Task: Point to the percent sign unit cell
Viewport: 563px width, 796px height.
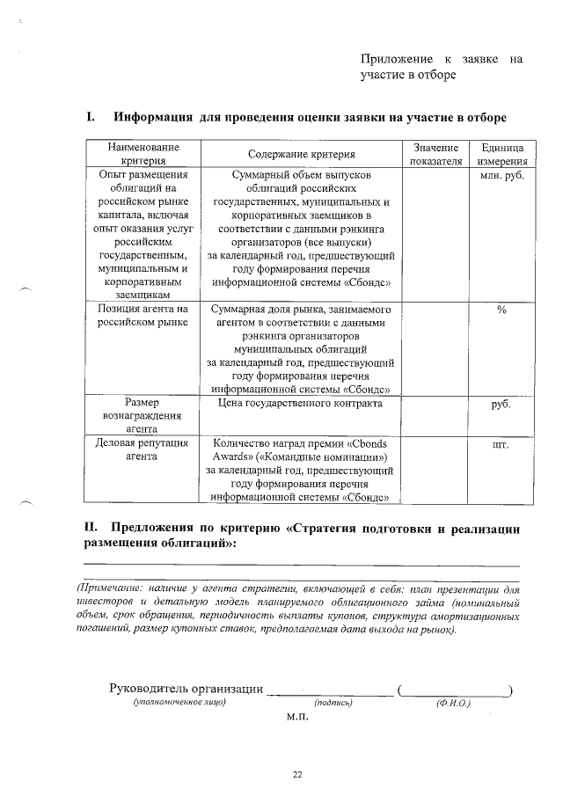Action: (x=501, y=310)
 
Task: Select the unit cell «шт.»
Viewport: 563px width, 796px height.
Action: (x=501, y=445)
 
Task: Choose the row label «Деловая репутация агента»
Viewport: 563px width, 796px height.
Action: (x=142, y=450)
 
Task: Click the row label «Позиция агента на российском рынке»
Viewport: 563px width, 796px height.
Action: (x=142, y=317)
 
